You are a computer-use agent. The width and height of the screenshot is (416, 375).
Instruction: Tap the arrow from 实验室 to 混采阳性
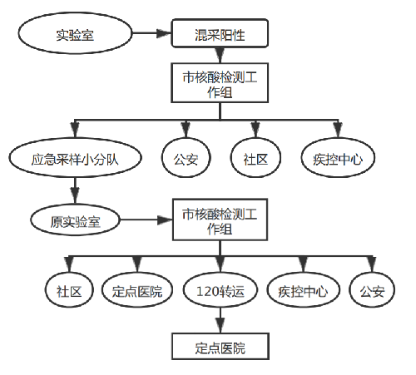point(151,33)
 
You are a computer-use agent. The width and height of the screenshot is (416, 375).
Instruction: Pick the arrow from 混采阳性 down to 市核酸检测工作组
point(220,56)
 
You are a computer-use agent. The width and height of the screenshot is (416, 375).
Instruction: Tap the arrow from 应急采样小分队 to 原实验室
point(75,190)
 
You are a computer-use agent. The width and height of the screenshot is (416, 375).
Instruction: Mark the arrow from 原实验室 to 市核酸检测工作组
point(146,220)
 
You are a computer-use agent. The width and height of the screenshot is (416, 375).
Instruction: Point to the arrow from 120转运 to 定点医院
point(220,320)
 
